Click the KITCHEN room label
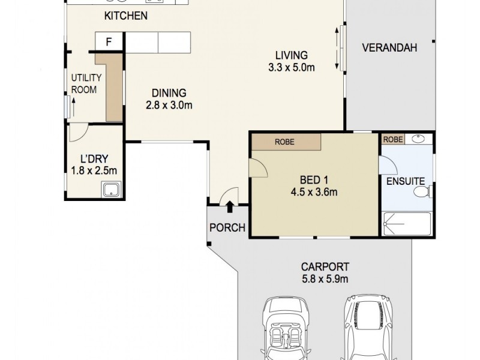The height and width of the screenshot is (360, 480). (125, 16)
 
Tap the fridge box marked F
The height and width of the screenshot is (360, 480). (109, 42)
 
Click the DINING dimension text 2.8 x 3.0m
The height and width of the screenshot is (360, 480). (169, 106)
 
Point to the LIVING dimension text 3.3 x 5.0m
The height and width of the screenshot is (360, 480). (292, 67)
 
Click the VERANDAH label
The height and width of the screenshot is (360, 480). (389, 48)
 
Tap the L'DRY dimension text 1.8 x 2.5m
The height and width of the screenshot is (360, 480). (94, 171)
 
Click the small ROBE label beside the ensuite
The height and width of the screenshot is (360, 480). (393, 139)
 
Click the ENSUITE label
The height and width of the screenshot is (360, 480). (406, 181)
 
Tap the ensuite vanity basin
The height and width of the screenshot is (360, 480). (419, 139)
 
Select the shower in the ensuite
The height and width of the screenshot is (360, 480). (407, 224)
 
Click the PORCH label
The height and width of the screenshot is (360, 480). (227, 227)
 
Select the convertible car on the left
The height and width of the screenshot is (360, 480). (286, 330)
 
